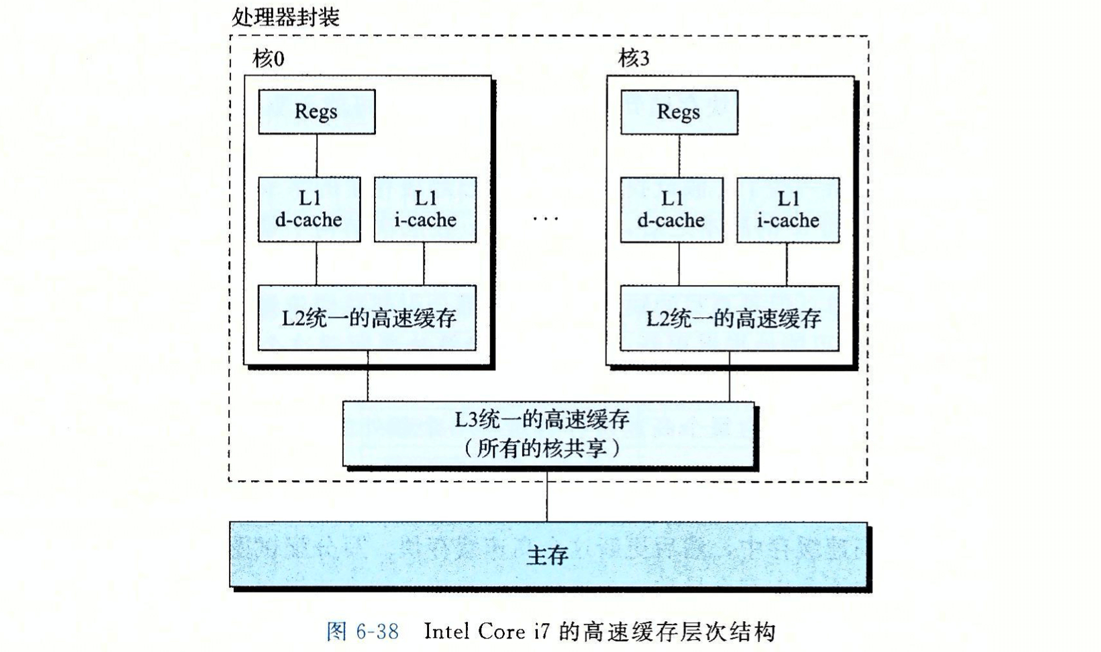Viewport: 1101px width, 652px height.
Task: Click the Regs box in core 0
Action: click(x=316, y=112)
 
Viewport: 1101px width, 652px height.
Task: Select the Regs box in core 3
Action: click(x=679, y=112)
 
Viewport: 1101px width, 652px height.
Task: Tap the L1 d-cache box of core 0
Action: click(x=309, y=209)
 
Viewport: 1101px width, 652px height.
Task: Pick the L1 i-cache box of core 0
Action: click(x=425, y=209)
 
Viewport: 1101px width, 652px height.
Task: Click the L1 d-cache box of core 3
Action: click(x=671, y=209)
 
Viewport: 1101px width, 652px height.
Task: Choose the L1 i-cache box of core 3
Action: click(x=788, y=209)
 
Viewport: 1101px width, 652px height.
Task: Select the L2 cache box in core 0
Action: click(x=367, y=317)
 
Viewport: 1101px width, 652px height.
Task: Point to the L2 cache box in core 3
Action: click(x=730, y=318)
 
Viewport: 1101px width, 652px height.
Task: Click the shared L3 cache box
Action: click(x=548, y=433)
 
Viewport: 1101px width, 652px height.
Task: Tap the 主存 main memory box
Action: click(x=548, y=555)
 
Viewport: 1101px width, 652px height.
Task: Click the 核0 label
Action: click(x=269, y=59)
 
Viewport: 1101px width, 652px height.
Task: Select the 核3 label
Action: click(x=634, y=59)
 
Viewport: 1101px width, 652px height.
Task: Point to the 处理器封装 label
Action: click(x=285, y=17)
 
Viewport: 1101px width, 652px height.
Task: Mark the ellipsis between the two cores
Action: click(x=545, y=219)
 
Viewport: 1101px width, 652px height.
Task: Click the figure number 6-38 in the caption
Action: click(x=377, y=632)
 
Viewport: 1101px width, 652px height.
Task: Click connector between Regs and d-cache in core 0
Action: click(x=317, y=156)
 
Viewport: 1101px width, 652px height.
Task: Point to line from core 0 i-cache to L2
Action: click(x=424, y=264)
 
